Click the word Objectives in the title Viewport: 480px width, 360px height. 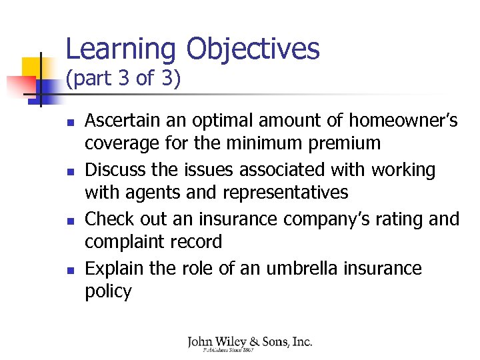click(253, 49)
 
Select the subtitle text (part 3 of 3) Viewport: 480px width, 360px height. click(123, 79)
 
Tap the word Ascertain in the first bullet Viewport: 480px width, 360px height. click(125, 121)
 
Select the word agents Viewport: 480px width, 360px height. click(144, 193)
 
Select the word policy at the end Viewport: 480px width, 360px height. click(108, 291)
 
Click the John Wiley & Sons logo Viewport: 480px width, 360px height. click(249, 343)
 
